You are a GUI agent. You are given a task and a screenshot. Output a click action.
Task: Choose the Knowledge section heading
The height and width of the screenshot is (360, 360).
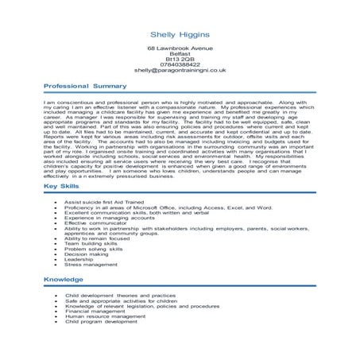[x=62, y=281]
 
